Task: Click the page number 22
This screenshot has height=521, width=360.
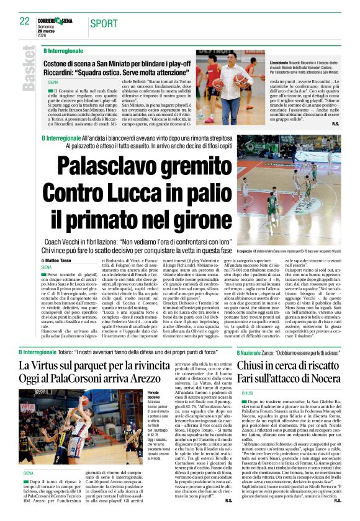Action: (x=24, y=21)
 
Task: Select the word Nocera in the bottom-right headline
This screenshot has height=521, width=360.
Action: (x=321, y=379)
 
